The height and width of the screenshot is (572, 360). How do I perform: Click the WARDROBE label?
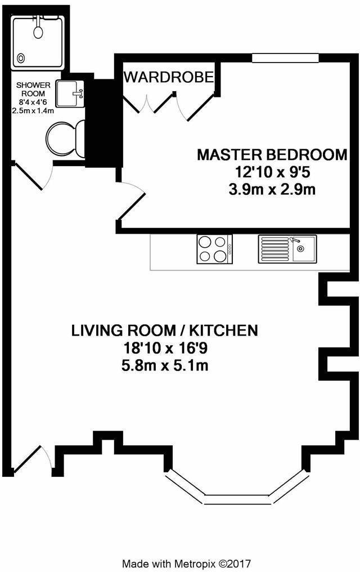tap(169, 77)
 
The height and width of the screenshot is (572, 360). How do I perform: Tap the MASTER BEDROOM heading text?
tap(272, 155)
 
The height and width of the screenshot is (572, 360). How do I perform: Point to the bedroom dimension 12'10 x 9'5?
tap(272, 172)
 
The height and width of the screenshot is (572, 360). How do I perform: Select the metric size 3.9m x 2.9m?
tap(272, 190)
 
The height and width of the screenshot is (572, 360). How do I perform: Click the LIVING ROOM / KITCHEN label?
tap(165, 330)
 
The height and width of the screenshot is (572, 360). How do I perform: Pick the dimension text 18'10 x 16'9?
tap(165, 348)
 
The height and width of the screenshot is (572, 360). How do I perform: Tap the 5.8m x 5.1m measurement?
tap(165, 365)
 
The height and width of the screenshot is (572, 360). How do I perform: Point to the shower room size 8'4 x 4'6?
tap(36, 102)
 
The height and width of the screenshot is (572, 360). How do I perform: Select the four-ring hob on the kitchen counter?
tap(214, 249)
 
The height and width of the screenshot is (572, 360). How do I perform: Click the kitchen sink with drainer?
tap(287, 249)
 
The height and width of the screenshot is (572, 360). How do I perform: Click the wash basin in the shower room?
tap(72, 93)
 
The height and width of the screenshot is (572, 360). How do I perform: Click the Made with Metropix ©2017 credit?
tap(187, 563)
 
